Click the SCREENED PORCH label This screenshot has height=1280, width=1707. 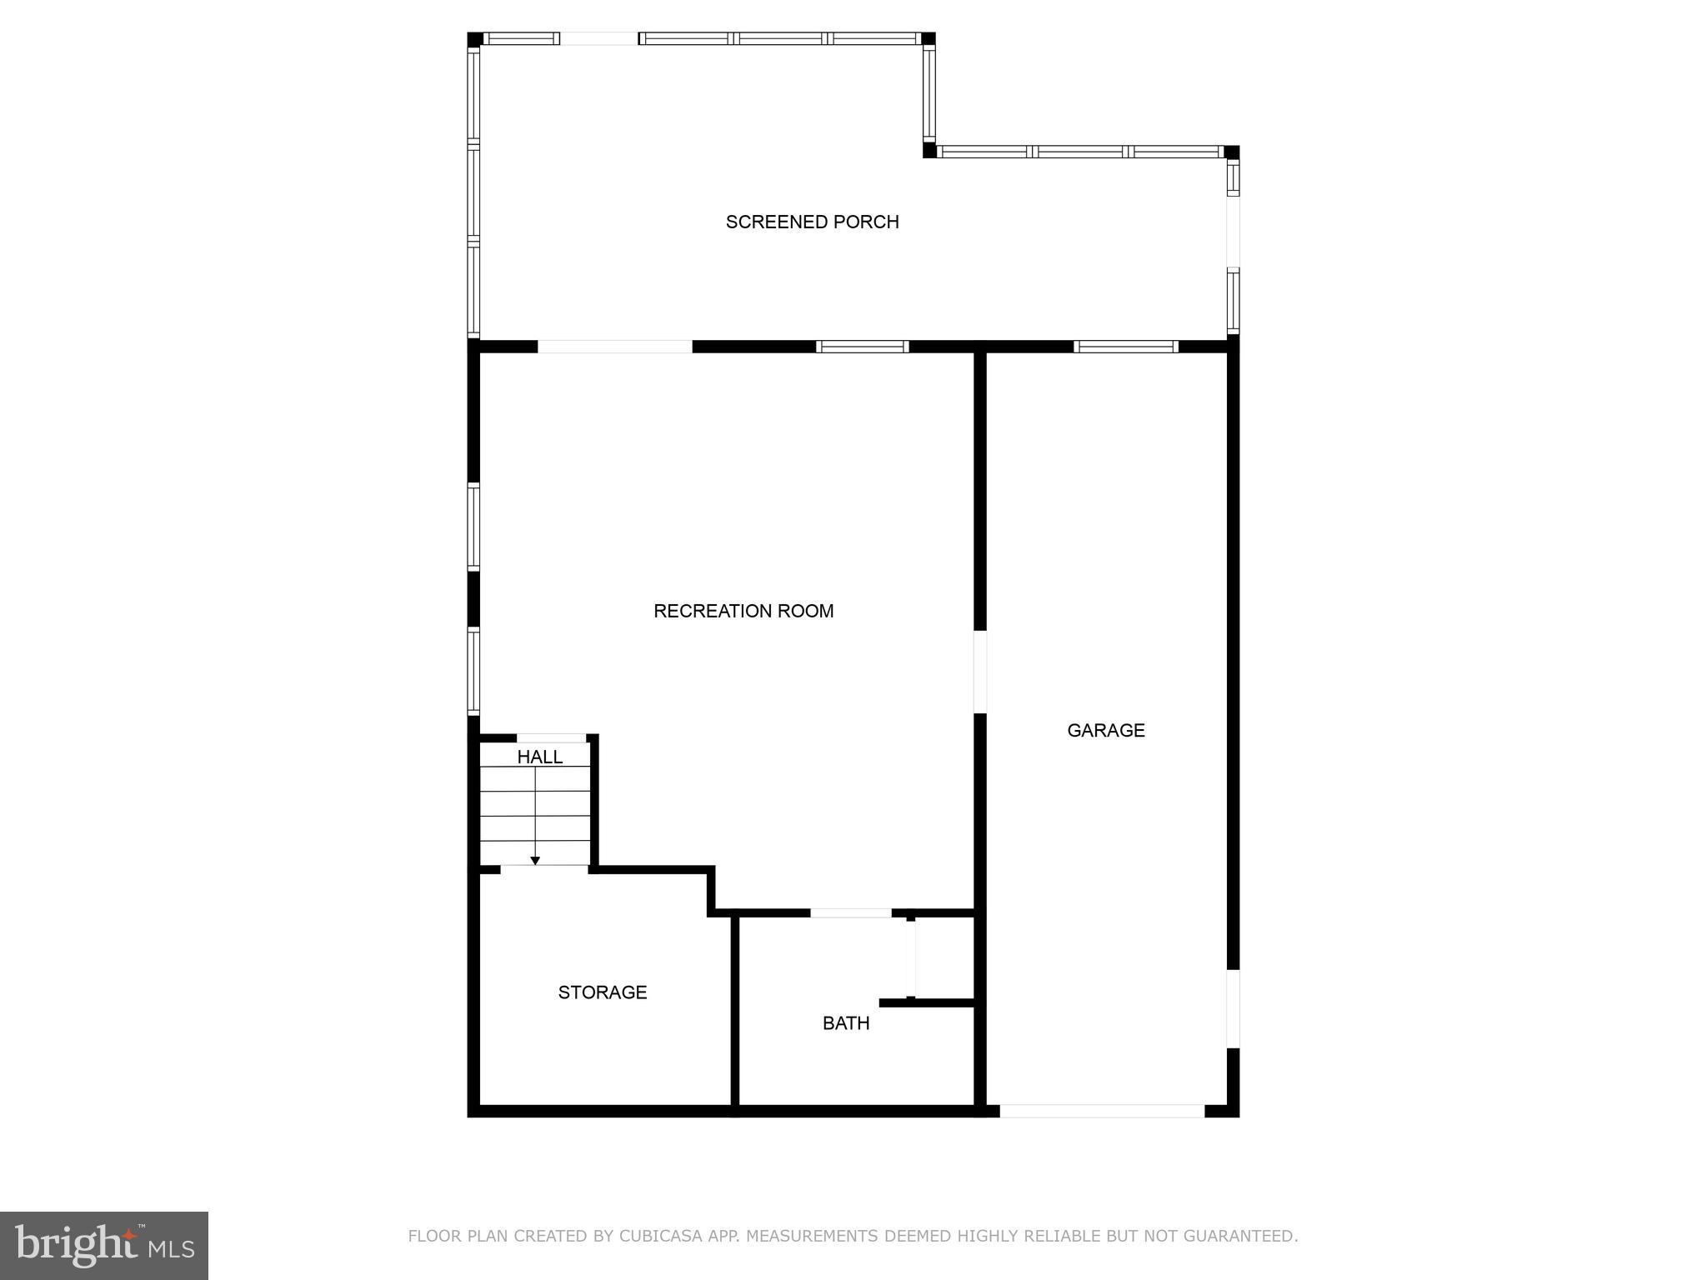(812, 222)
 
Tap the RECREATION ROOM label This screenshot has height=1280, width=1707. (743, 611)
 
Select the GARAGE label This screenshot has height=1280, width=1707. (1106, 730)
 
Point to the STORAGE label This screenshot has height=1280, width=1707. (603, 992)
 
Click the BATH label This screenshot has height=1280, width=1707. (846, 1022)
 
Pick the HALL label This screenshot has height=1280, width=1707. (540, 757)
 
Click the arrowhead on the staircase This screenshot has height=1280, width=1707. (535, 860)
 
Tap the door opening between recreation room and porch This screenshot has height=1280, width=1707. (615, 347)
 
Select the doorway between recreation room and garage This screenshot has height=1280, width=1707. (980, 672)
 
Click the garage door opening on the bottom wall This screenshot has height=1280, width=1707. (1102, 1111)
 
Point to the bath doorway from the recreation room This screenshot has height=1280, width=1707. (851, 913)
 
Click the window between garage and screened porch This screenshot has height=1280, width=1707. (1126, 347)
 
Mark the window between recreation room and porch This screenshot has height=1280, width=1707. (862, 347)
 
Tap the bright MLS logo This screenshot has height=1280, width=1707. (104, 1246)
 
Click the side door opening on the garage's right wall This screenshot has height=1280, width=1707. (1233, 1008)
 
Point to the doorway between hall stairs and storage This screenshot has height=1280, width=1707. (544, 869)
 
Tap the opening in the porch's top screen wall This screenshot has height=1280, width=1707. (599, 38)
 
